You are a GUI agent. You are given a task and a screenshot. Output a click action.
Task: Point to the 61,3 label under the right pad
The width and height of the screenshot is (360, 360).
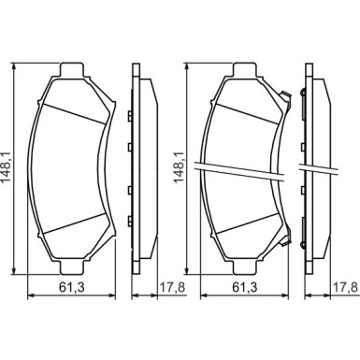click(x=245, y=287)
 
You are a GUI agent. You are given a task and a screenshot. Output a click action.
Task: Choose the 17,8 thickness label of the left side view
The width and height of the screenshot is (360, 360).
click(x=172, y=287)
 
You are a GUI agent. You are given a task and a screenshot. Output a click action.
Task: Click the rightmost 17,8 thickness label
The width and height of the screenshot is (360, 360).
click(x=345, y=287)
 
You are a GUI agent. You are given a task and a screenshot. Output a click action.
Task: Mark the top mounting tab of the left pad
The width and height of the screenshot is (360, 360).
click(x=72, y=69)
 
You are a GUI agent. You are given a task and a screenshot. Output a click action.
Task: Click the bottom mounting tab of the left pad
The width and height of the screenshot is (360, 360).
click(x=72, y=268)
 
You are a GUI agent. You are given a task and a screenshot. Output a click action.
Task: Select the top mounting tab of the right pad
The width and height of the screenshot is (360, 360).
click(x=245, y=69)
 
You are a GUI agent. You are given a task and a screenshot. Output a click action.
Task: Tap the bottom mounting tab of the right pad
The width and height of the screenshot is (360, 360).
click(x=245, y=268)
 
